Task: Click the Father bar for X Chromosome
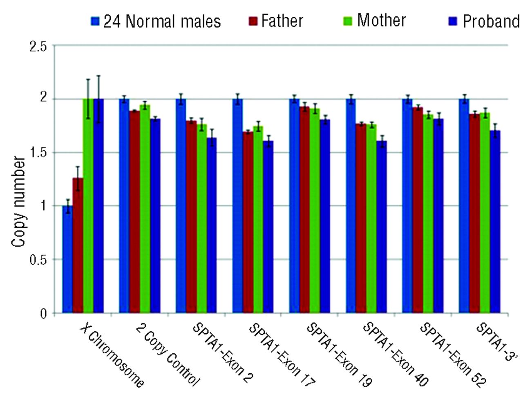pyautogui.click(x=78, y=245)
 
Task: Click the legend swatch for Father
pyautogui.click(x=253, y=21)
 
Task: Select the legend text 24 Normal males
pyautogui.click(x=162, y=21)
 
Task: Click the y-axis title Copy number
pyautogui.click(x=19, y=202)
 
